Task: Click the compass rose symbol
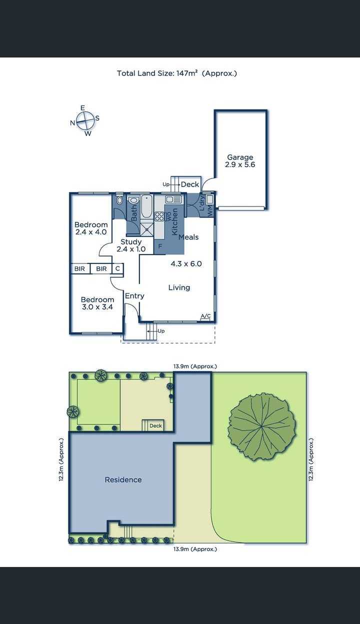click(84, 121)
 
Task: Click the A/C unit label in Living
click(205, 316)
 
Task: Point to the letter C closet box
click(117, 268)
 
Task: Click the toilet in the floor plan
click(119, 200)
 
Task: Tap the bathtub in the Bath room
click(146, 206)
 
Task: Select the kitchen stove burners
click(159, 216)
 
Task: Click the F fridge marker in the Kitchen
click(160, 246)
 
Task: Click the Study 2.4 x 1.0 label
click(131, 245)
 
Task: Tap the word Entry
click(134, 296)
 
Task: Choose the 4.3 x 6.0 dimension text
click(186, 263)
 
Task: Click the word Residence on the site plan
click(123, 479)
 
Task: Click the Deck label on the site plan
click(155, 425)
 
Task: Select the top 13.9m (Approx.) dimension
click(195, 366)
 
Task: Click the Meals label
click(188, 237)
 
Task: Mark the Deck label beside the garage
click(190, 184)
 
